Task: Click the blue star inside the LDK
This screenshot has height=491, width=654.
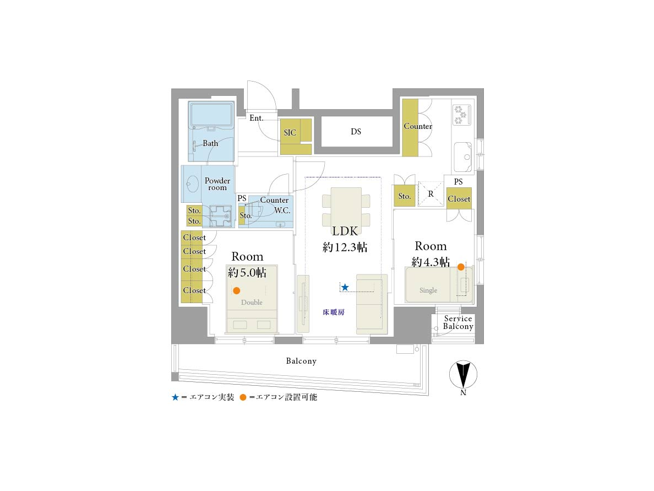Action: tap(345, 287)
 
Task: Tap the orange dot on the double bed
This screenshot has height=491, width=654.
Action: tap(237, 290)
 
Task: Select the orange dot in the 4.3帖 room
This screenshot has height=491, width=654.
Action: tap(461, 267)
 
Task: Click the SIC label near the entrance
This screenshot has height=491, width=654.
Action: tap(290, 133)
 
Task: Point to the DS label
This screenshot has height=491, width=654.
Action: tap(356, 132)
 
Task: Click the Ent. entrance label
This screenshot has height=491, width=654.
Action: tap(257, 118)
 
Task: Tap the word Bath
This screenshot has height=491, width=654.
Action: tap(210, 143)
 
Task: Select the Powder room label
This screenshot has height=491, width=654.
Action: tap(217, 184)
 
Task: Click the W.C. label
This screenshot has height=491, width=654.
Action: tap(282, 211)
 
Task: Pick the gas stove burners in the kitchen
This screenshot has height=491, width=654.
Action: tap(462, 115)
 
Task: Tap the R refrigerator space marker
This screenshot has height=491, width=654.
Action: tap(431, 194)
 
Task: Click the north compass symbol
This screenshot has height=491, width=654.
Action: tap(463, 375)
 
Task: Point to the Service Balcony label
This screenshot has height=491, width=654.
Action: tap(458, 323)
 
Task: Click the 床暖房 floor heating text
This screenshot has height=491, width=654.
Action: tap(334, 312)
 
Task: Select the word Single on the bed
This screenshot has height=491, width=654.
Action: tap(428, 290)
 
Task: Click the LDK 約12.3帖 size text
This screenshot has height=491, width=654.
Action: tap(345, 247)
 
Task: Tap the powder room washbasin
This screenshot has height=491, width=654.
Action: tap(192, 184)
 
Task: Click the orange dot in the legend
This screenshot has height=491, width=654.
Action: tap(243, 397)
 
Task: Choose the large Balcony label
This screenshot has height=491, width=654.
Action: tap(301, 361)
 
